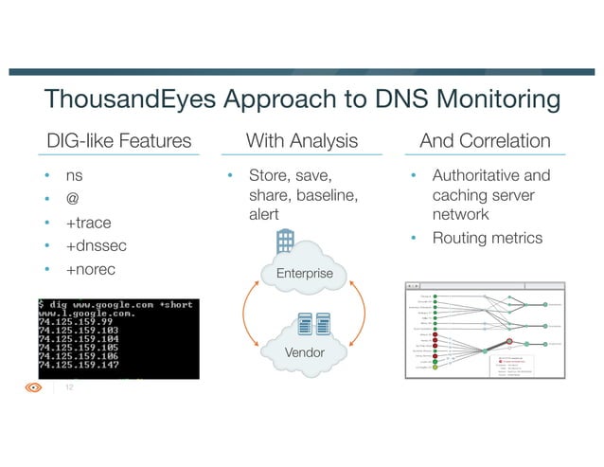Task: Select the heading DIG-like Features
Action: (x=118, y=141)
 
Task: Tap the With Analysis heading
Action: (x=301, y=141)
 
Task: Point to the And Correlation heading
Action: (x=485, y=141)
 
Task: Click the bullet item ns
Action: (x=73, y=176)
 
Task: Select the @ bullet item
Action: (x=72, y=200)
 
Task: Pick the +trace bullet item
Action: (x=88, y=224)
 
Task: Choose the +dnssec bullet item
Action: (x=96, y=246)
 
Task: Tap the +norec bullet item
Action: (x=92, y=270)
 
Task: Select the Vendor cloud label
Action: (x=305, y=352)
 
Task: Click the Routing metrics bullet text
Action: (x=488, y=238)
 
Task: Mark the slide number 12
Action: (x=69, y=387)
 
